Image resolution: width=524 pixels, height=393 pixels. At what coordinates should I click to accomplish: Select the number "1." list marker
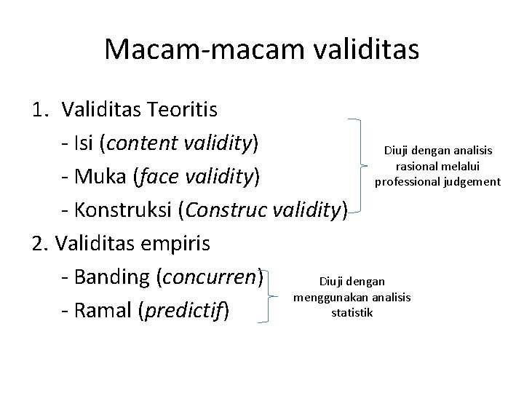pyautogui.click(x=42, y=110)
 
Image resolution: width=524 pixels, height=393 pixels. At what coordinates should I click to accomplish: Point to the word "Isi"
pyautogui.click(x=85, y=143)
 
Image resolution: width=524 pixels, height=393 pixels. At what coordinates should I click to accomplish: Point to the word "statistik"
pyautogui.click(x=352, y=313)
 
